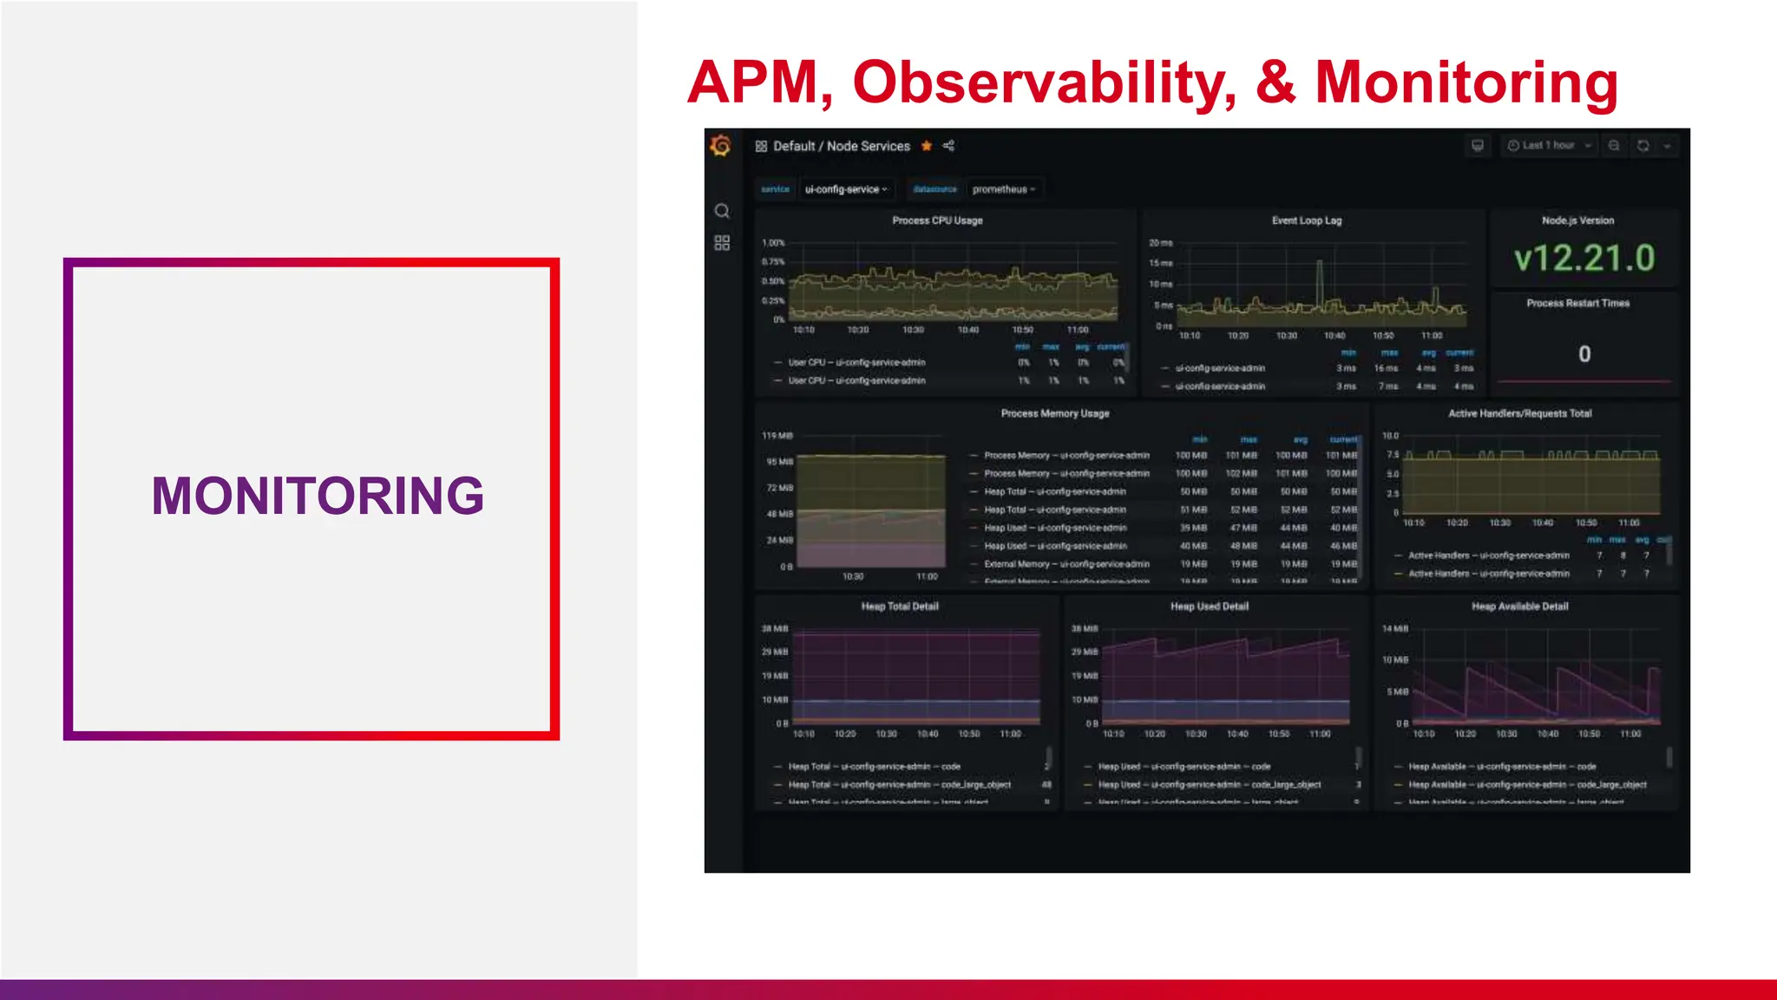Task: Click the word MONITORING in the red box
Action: tap(318, 496)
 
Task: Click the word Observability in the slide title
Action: tap(1045, 82)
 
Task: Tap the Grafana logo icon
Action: tap(721, 146)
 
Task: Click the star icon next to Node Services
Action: tap(927, 146)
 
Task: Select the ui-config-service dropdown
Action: tap(846, 189)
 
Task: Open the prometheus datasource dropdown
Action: tap(1004, 189)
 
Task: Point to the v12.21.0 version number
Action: tap(1584, 259)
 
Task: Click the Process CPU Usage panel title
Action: tap(937, 220)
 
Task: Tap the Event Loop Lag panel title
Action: tap(1307, 220)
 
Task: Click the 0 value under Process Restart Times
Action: tap(1584, 354)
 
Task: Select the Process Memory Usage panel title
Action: tap(1055, 413)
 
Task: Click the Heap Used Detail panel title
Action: tap(1210, 606)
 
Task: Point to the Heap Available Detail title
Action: tap(1519, 606)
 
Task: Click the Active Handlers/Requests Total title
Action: tap(1520, 413)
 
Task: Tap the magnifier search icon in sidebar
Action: tap(722, 211)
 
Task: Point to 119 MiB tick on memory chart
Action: tap(777, 435)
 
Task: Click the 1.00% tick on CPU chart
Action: tap(773, 243)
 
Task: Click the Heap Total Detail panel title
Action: tap(900, 606)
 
